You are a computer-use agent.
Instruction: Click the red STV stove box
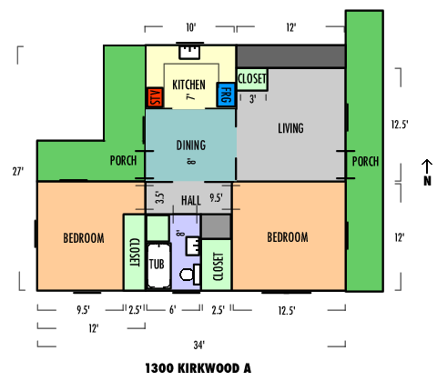point(155,97)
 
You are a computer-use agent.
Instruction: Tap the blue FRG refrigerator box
point(226,95)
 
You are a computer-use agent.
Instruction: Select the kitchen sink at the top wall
point(189,52)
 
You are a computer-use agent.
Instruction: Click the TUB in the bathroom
point(158,265)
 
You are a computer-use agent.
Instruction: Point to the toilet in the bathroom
point(190,274)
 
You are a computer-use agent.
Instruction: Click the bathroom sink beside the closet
point(193,246)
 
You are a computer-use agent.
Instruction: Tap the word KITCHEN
point(188,85)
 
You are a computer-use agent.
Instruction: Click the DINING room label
point(191,145)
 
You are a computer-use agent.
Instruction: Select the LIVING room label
point(290,128)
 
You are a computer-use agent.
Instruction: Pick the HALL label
point(191,200)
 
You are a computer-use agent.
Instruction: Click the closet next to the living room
point(252,79)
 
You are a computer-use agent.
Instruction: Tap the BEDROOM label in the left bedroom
point(84,238)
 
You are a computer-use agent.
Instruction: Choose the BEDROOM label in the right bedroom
point(288,237)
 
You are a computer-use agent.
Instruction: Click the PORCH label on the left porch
point(123,160)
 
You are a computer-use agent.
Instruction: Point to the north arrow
point(427,166)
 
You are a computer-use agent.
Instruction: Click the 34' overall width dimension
point(199,345)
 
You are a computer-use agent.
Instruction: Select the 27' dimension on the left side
point(18,172)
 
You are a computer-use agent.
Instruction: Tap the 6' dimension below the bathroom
point(172,310)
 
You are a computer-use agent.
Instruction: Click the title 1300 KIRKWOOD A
point(198,368)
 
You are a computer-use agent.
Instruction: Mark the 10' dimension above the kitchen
point(191,27)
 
